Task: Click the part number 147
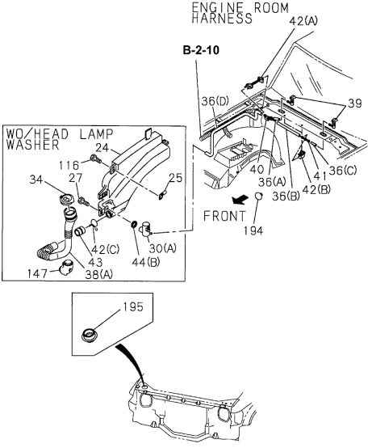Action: pyautogui.click(x=48, y=274)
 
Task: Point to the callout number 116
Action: pyautogui.click(x=76, y=164)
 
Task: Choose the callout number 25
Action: pyautogui.click(x=176, y=177)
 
